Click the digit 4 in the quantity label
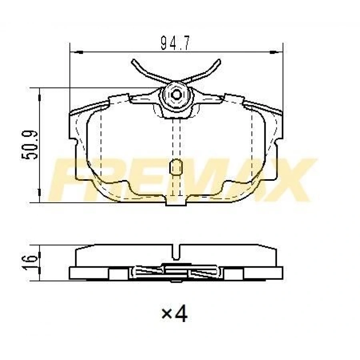point(181,315)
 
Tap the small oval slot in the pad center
point(176,167)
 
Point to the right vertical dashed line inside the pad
point(251,144)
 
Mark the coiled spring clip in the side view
point(176,273)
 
